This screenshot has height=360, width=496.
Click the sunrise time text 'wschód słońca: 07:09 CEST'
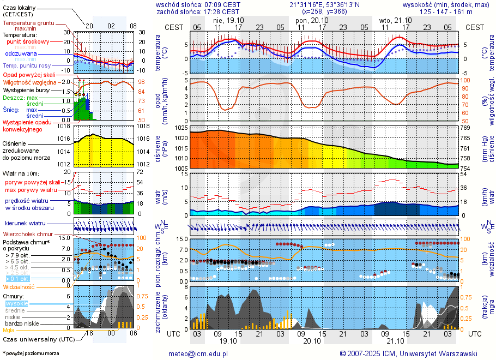pyautogui.click(x=198, y=4)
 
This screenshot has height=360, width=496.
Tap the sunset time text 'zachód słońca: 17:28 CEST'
pyautogui.click(x=198, y=11)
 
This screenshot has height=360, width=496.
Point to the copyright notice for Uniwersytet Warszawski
pyautogui.click(x=408, y=353)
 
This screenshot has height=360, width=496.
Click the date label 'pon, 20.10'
pyautogui.click(x=309, y=20)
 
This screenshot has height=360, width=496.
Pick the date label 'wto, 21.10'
pyautogui.click(x=392, y=20)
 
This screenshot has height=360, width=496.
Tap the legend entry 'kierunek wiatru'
pyautogui.click(x=25, y=224)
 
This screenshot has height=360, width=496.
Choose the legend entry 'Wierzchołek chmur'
pyautogui.click(x=28, y=234)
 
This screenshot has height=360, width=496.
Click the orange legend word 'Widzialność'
pyautogui.click(x=19, y=286)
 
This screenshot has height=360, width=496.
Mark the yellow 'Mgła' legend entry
pyautogui.click(x=8, y=330)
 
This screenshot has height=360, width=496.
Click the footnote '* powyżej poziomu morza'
pyautogui.click(x=31, y=353)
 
